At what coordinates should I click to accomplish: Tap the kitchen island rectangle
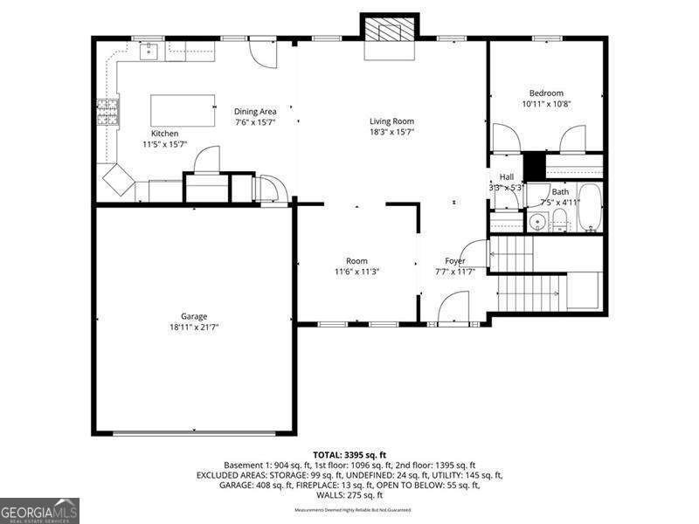pos(183,110)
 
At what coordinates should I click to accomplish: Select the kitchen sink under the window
pos(149,51)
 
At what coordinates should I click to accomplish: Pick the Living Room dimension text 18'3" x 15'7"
pos(391,133)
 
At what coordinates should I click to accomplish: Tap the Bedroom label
pos(546,93)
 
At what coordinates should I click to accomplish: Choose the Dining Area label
pos(255,111)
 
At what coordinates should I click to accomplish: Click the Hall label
pos(506,177)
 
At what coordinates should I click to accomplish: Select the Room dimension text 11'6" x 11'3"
pos(356,272)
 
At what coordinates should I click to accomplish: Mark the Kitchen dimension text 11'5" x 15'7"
pos(165,144)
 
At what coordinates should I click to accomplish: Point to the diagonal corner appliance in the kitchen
pos(118,181)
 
